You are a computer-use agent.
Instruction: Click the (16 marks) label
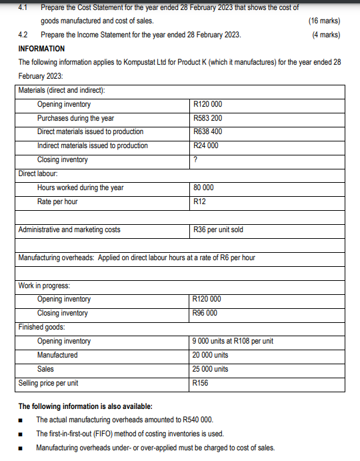pos(325,21)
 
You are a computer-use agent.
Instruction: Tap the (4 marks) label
pos(326,35)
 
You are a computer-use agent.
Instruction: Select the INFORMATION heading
pos(41,49)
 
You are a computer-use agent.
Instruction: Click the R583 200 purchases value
pos(207,118)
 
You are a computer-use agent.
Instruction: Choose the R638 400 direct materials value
pos(207,131)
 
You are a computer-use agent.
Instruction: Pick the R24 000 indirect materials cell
pos(205,145)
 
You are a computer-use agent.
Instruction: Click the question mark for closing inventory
pos(194,159)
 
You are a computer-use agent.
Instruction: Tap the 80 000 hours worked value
pos(203,187)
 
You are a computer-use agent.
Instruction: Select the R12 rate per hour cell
pos(198,201)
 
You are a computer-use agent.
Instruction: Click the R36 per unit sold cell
pos(217,229)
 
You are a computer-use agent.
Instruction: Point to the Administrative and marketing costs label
pos(69,229)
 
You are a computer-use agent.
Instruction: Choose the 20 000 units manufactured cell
pos(209,355)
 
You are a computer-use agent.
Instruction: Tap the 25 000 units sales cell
pos(209,369)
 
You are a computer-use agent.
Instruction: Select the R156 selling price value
pos(200,383)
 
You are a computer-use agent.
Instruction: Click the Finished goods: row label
pos(41,327)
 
